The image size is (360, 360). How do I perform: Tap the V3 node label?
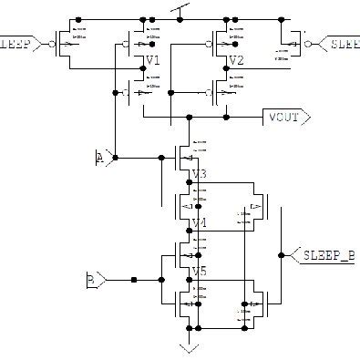pyautogui.click(x=200, y=174)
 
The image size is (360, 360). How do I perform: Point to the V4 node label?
pyautogui.click(x=200, y=222)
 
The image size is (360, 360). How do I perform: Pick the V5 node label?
pyautogui.click(x=200, y=271)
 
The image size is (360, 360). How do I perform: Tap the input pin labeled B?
pyautogui.click(x=95, y=279)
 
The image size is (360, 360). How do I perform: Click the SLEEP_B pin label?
pyautogui.click(x=327, y=256)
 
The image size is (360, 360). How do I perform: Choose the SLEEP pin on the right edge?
pyautogui.click(x=342, y=43)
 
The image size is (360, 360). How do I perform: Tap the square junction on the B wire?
pyautogui.click(x=133, y=279)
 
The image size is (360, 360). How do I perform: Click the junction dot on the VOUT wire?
pyautogui.click(x=189, y=117)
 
